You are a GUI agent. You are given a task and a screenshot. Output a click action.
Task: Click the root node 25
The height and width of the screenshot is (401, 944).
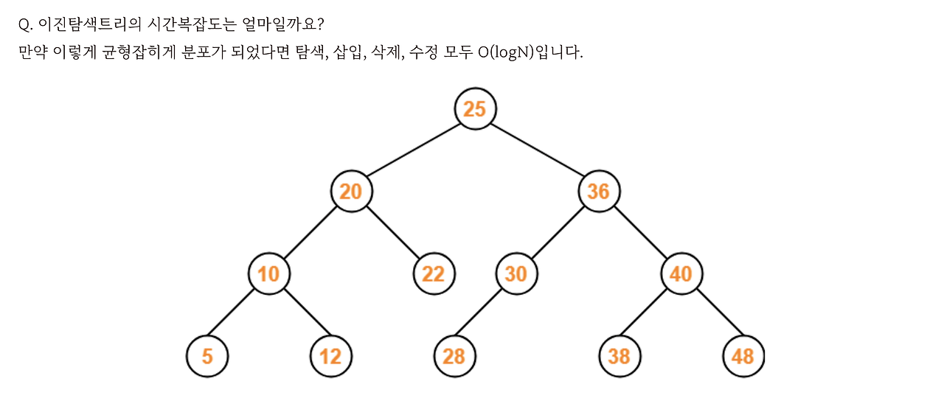click(x=475, y=109)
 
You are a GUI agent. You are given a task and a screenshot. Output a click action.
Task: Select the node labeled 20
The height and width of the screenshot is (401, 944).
click(x=351, y=192)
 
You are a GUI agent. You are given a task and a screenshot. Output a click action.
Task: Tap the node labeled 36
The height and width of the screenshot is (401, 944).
click(x=598, y=192)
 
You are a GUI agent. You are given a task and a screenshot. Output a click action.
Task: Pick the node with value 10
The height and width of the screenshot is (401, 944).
click(x=268, y=274)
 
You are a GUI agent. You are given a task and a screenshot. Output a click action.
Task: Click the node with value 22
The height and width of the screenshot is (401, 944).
click(x=434, y=274)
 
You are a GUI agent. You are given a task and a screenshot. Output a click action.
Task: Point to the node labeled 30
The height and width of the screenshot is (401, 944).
click(x=516, y=274)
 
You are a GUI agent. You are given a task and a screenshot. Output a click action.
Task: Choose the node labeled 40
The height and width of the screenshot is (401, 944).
click(x=681, y=274)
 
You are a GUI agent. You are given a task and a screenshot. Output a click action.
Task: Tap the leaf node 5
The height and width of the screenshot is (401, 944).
click(x=207, y=357)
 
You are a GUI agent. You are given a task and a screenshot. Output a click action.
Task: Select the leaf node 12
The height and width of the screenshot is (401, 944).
click(x=330, y=357)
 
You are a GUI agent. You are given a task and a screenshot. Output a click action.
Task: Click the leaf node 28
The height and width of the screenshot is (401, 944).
click(x=454, y=357)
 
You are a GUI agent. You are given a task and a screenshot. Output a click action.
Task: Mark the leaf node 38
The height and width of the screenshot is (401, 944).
click(x=619, y=357)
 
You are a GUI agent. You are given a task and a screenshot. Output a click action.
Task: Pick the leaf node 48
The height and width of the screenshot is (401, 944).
click(x=743, y=357)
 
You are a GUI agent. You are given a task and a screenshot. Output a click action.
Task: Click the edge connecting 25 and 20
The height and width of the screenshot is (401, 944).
click(x=413, y=150)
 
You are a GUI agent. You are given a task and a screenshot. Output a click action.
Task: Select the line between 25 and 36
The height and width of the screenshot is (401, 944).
click(x=537, y=150)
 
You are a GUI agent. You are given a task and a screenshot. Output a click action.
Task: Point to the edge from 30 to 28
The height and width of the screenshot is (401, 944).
click(x=485, y=315)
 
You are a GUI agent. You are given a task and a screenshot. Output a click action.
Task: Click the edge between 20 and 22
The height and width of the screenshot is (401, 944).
click(x=392, y=233)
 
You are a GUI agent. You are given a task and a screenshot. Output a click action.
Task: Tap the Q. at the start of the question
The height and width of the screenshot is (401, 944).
click(x=25, y=24)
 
